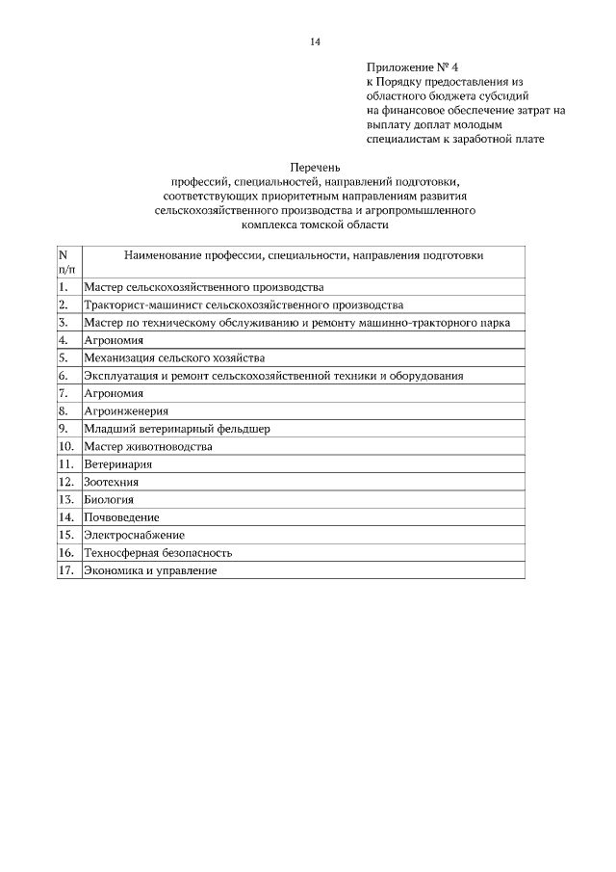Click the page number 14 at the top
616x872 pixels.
pyautogui.click(x=315, y=41)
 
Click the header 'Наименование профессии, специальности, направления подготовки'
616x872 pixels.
pyautogui.click(x=303, y=256)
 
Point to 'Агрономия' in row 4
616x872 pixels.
pyautogui.click(x=114, y=340)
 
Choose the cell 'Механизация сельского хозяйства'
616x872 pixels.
pyautogui.click(x=173, y=357)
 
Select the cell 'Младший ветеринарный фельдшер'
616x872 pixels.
pyautogui.click(x=176, y=428)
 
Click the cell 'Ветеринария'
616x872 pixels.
pyautogui.click(x=117, y=463)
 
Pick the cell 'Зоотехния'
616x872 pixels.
pyautogui.click(x=112, y=482)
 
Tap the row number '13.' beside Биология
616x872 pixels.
pyautogui.click(x=65, y=499)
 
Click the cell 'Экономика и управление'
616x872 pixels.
pyautogui.click(x=150, y=570)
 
